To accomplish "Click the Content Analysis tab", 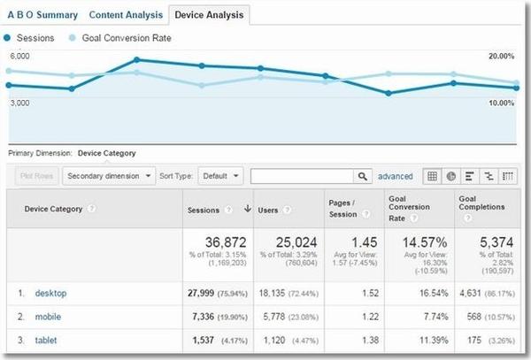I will pyautogui.click(x=126, y=15).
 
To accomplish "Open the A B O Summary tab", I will pyautogui.click(x=42, y=15).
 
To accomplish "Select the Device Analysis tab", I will pyautogui.click(x=208, y=15).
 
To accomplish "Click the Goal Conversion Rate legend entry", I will pyautogui.click(x=126, y=38).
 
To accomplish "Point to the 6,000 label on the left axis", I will pyautogui.click(x=19, y=56).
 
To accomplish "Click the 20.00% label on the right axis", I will pyautogui.click(x=501, y=57).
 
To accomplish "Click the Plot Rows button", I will pyautogui.click(x=37, y=176).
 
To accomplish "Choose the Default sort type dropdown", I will pyautogui.click(x=220, y=176).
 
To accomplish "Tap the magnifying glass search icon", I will pyautogui.click(x=363, y=176).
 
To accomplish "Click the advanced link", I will pyautogui.click(x=396, y=176).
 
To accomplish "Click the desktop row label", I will pyautogui.click(x=51, y=292).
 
